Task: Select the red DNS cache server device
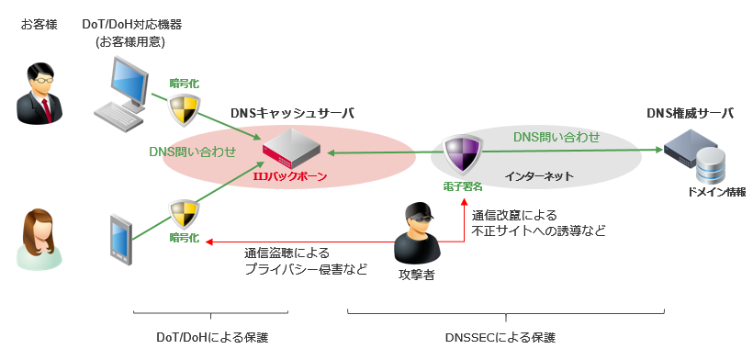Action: click(292, 149)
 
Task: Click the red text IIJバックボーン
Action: click(289, 175)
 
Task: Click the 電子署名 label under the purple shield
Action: click(460, 186)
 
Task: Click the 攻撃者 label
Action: click(416, 274)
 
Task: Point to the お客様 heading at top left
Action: click(39, 23)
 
